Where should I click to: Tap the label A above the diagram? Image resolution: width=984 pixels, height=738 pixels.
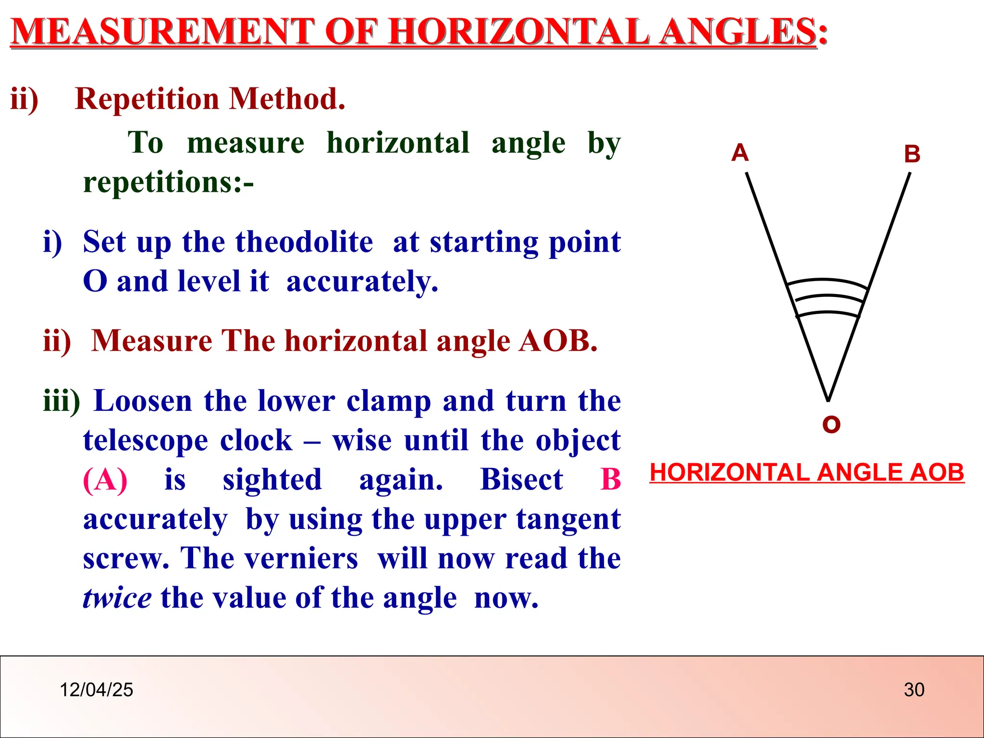click(740, 153)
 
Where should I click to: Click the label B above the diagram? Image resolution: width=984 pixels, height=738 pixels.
click(911, 154)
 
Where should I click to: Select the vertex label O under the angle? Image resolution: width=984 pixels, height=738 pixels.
click(831, 425)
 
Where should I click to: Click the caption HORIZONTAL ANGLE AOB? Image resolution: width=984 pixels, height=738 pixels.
click(807, 472)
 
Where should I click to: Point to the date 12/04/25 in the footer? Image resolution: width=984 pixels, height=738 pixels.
click(96, 690)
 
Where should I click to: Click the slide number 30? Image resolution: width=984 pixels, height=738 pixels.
click(914, 690)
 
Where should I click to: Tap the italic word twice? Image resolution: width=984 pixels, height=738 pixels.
click(117, 598)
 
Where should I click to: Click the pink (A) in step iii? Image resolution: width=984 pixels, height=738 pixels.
click(105, 480)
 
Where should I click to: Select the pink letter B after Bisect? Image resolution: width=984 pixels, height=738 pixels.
click(611, 480)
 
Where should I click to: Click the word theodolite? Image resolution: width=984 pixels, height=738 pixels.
click(304, 242)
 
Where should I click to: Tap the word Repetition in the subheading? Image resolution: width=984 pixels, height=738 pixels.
click(147, 99)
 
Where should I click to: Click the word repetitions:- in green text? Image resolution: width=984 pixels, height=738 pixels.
click(168, 183)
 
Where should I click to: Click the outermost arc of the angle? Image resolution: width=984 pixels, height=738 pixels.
click(827, 281)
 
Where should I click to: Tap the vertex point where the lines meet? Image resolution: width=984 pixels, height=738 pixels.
click(828, 400)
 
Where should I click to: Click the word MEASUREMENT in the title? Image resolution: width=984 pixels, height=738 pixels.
click(162, 31)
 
